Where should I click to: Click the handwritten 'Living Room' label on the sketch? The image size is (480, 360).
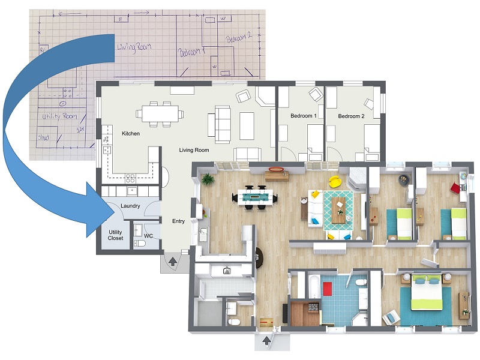click(x=134, y=46)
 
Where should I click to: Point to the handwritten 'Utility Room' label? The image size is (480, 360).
click(x=58, y=115)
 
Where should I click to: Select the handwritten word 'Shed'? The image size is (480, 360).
click(x=43, y=137)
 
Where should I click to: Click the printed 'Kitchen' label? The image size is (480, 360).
click(x=131, y=133)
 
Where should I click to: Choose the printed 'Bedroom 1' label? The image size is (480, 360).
click(x=304, y=116)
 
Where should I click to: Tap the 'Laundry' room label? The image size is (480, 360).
click(x=130, y=206)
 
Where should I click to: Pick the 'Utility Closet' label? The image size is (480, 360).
click(x=115, y=235)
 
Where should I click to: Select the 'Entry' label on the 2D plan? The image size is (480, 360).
click(x=179, y=221)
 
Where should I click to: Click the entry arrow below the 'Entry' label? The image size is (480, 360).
click(x=173, y=261)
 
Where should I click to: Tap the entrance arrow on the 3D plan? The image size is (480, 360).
click(x=267, y=343)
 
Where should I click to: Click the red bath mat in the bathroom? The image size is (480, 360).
click(x=327, y=289)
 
